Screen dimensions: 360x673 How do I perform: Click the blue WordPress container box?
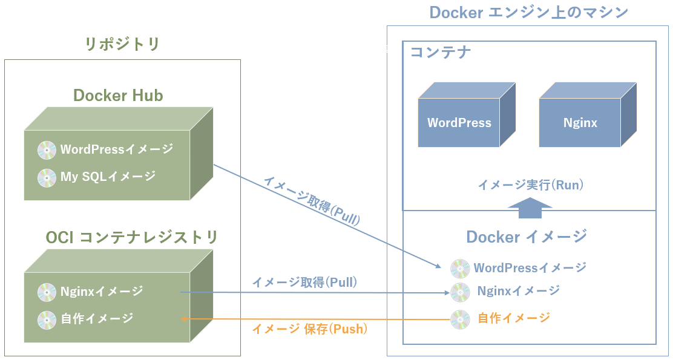459,123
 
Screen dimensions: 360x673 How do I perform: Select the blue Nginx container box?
580,123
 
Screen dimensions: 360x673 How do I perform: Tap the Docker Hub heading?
118,95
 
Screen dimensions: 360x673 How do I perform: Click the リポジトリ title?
122,44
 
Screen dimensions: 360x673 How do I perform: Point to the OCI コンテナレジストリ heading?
131,238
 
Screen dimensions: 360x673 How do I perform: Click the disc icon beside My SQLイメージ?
47,177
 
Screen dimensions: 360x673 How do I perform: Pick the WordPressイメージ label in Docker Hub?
116,149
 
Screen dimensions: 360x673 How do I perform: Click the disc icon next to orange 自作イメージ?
460,319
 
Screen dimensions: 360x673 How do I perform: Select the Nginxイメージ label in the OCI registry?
102,291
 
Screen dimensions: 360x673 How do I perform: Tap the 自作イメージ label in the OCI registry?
97,318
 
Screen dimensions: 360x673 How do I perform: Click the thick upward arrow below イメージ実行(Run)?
530,208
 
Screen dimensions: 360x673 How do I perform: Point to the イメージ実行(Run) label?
530,185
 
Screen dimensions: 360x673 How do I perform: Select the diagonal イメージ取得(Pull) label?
311,201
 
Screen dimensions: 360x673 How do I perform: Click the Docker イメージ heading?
527,236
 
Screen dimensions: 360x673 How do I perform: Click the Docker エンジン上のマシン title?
528,12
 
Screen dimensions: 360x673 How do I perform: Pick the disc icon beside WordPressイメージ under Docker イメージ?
460,268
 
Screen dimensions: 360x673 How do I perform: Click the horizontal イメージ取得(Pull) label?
304,282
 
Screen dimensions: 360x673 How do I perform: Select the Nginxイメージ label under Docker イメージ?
518,291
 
